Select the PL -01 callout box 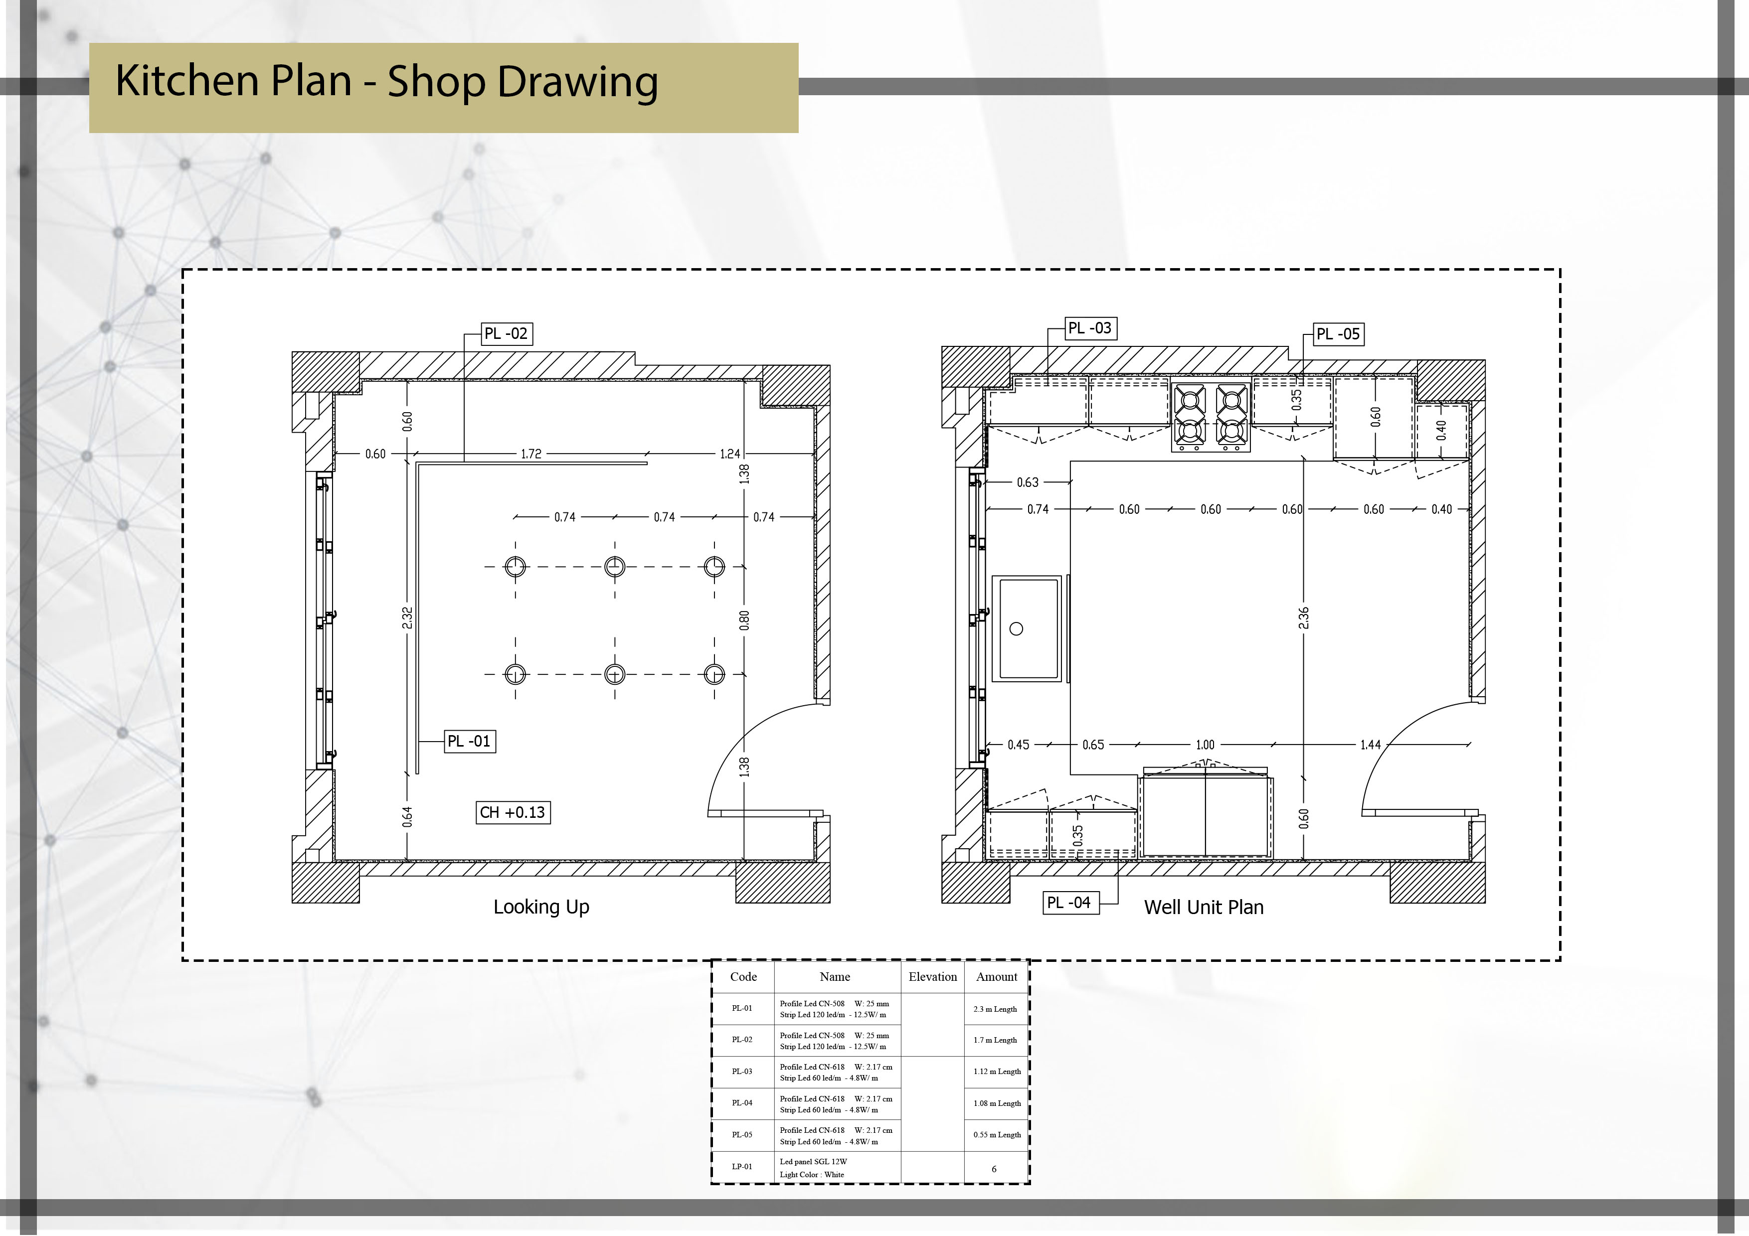click(x=469, y=742)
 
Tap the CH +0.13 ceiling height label click(x=513, y=812)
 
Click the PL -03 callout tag click(x=1090, y=328)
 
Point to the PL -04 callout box click(x=1069, y=903)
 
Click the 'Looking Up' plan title click(x=541, y=907)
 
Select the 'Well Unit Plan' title click(x=1204, y=908)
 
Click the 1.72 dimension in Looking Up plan click(x=531, y=454)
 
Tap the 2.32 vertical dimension click(x=407, y=618)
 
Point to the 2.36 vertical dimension click(x=1303, y=618)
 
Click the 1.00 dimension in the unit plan click(x=1205, y=745)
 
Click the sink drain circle click(x=1016, y=629)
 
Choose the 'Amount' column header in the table click(x=996, y=977)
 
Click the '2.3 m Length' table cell click(x=995, y=1009)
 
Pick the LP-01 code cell click(x=742, y=1167)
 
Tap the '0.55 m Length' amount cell click(x=996, y=1135)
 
